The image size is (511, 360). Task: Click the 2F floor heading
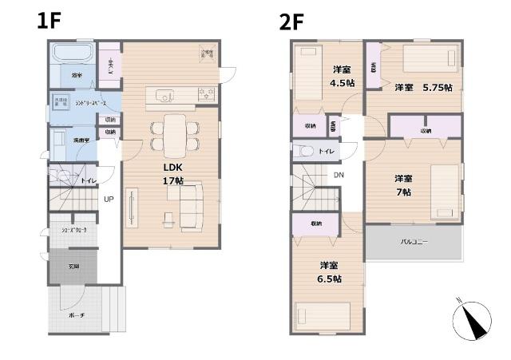292,21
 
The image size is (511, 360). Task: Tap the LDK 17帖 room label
173,175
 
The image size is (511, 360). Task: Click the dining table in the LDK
173,133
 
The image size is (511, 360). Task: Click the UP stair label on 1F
109,200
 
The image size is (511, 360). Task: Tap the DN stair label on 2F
339,175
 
